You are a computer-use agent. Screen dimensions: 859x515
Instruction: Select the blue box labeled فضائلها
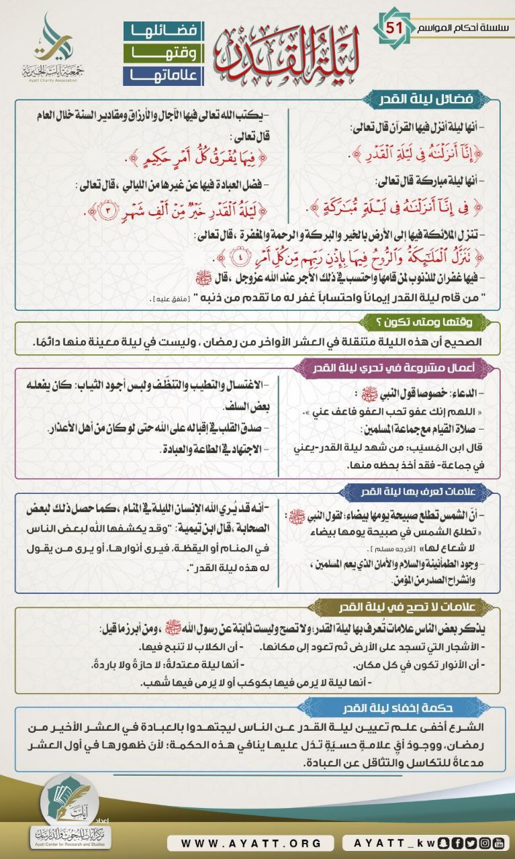163,31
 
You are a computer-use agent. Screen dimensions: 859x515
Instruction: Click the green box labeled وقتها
163,53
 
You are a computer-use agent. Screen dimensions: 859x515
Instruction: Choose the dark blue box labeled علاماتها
163,75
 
